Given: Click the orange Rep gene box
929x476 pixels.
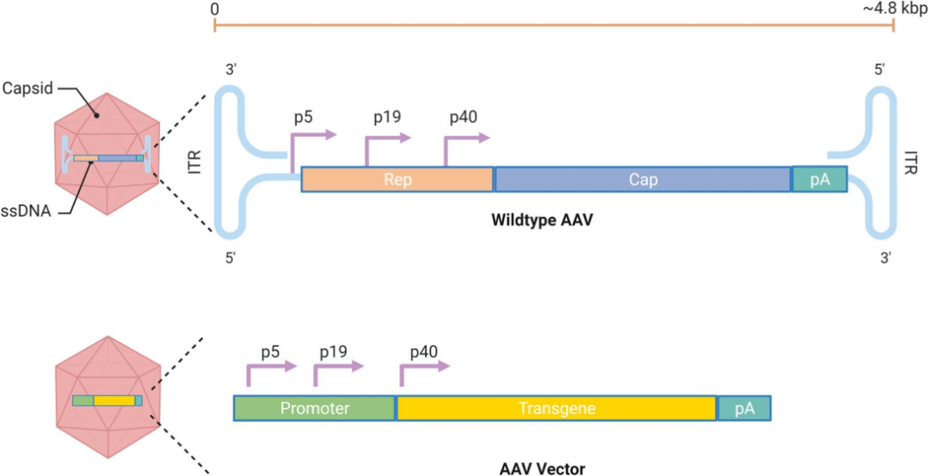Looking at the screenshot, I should pos(397,179).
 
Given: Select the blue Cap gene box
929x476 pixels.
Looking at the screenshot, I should pos(643,179).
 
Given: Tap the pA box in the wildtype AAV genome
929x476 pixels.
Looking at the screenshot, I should pos(819,179).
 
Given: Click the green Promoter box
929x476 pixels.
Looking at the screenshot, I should pos(315,408).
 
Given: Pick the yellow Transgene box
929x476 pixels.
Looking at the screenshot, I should pos(557,408).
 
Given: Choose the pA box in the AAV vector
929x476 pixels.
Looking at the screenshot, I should pos(744,408).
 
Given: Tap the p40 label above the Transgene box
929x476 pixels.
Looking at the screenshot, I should pos(424,352).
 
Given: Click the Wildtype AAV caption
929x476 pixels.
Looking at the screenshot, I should pos(542,219).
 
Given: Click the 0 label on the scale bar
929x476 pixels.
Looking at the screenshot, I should pos(214,9).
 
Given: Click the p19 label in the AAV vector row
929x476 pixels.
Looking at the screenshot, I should pos(334,352).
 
